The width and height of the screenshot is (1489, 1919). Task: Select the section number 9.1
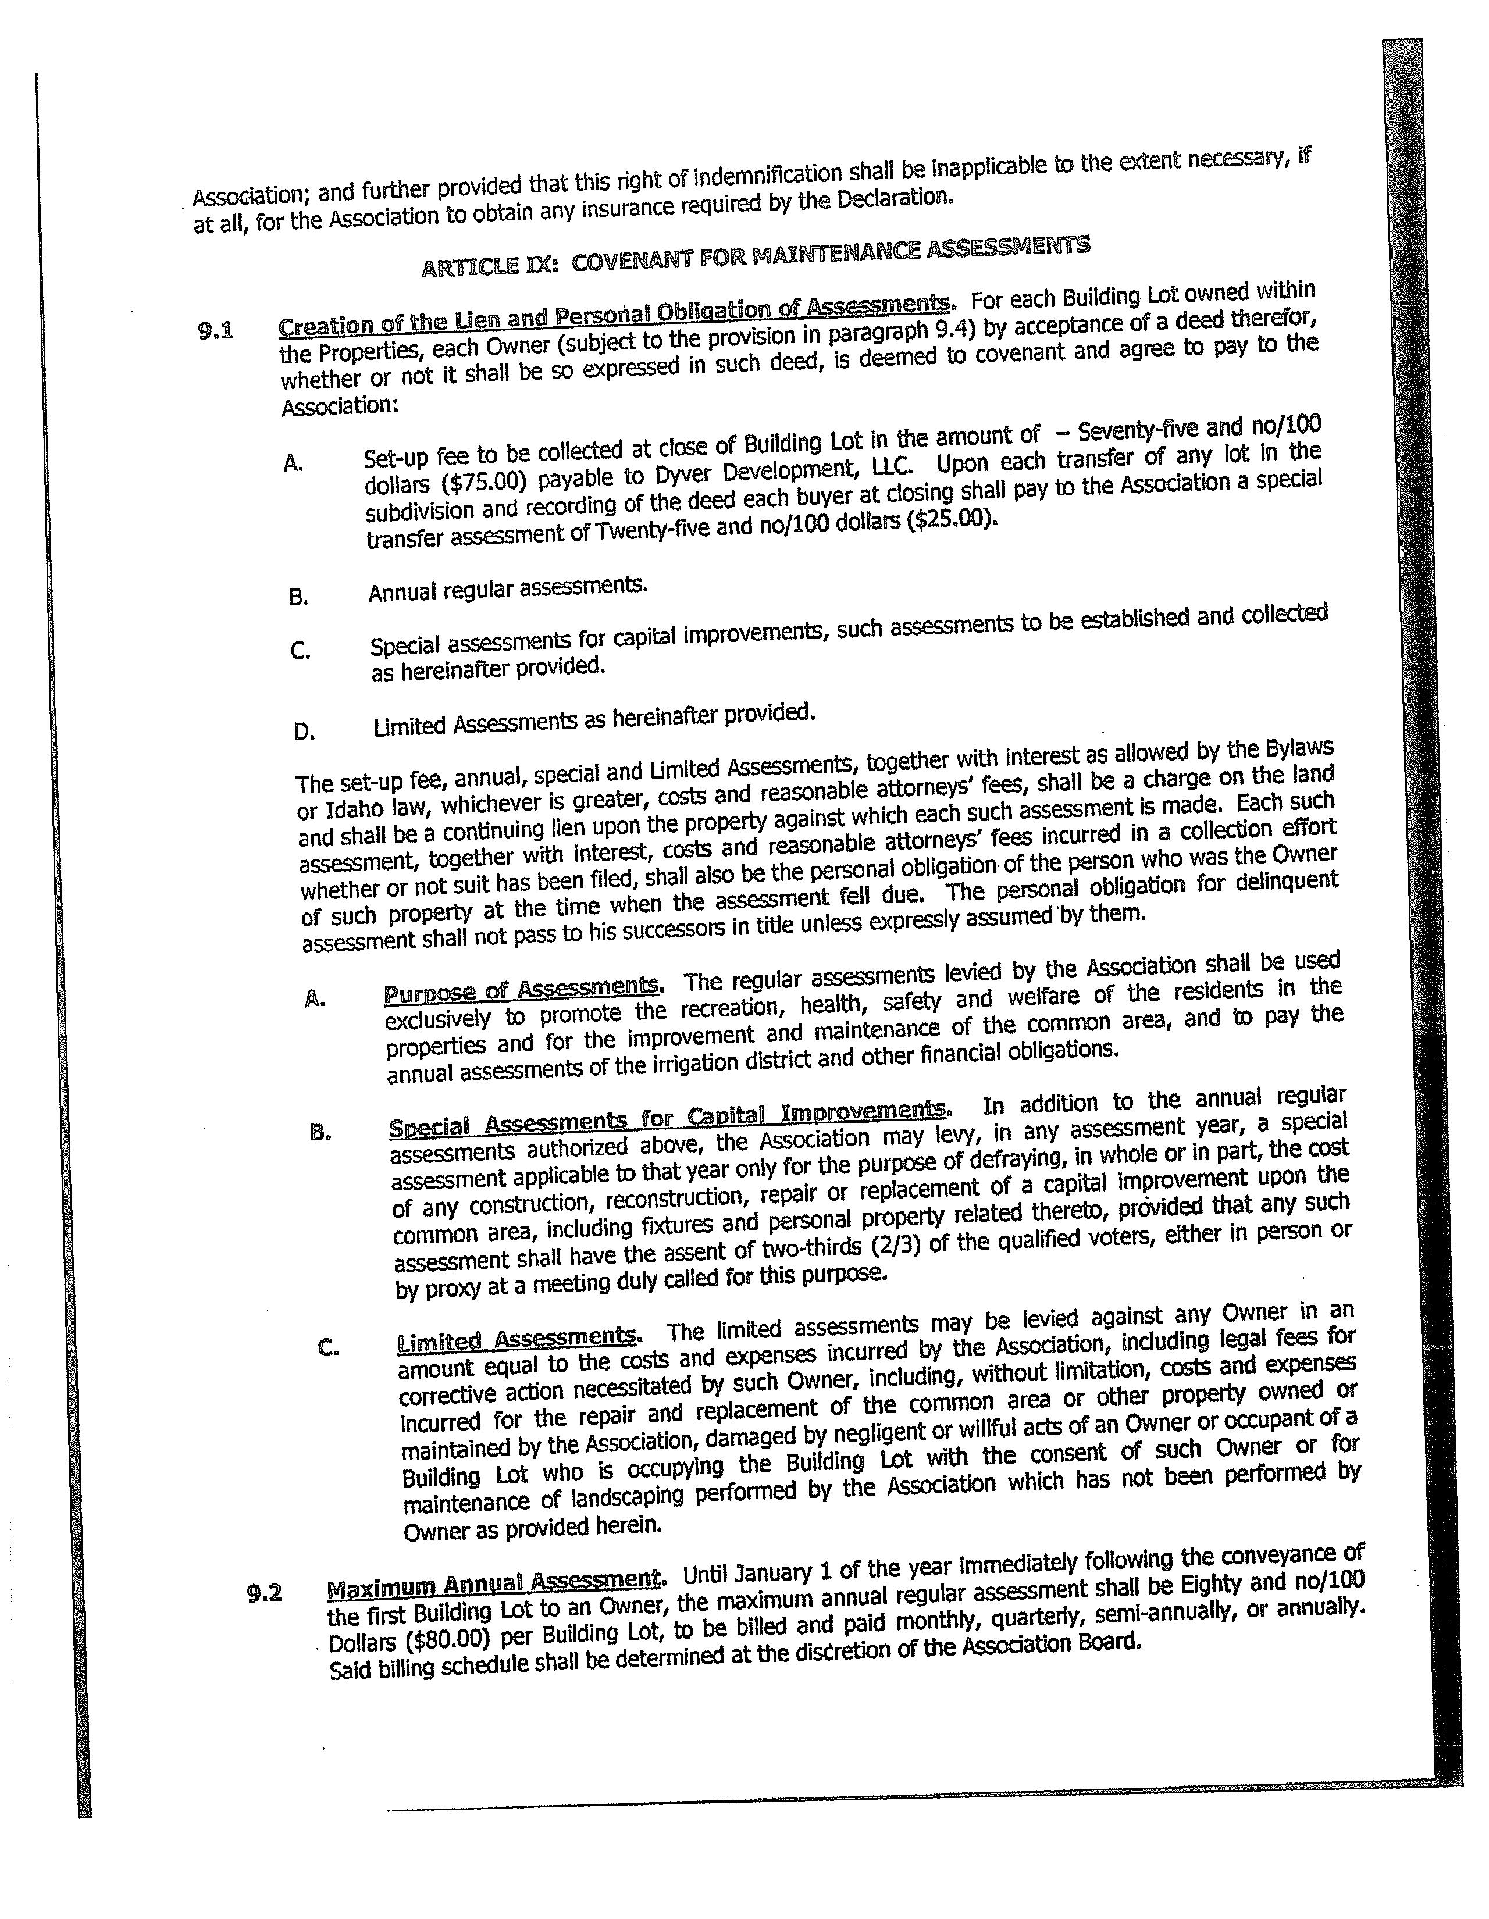pos(215,331)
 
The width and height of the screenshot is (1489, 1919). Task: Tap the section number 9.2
pos(265,1593)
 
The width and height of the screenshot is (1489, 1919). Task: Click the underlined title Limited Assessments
pos(517,1340)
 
